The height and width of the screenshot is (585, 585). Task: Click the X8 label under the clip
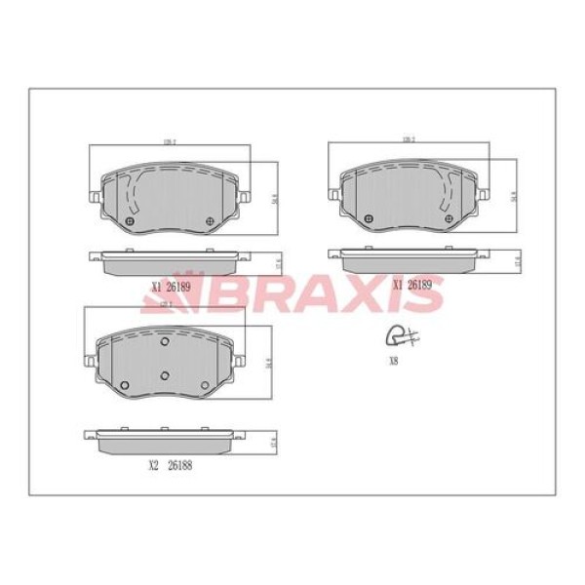[x=393, y=360]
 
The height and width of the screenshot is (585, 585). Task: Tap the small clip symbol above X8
[x=400, y=336]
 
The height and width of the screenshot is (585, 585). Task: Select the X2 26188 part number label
[x=171, y=465]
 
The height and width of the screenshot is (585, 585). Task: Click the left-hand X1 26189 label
[x=171, y=287]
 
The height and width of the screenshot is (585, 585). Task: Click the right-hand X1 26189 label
[x=412, y=285]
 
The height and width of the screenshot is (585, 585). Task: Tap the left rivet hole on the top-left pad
[x=130, y=221]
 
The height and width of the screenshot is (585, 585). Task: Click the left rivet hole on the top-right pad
[x=367, y=218]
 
